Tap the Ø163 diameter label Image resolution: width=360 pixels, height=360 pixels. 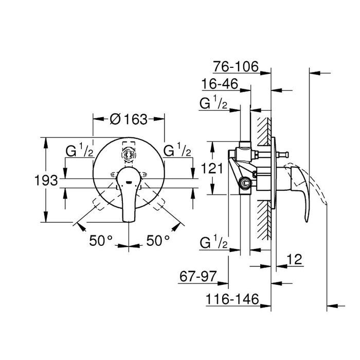(129, 119)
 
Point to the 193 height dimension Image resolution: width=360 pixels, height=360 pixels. (47, 181)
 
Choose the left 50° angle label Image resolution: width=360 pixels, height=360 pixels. (101, 240)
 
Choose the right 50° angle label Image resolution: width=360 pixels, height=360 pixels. (158, 240)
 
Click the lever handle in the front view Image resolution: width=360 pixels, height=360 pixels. (128, 195)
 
